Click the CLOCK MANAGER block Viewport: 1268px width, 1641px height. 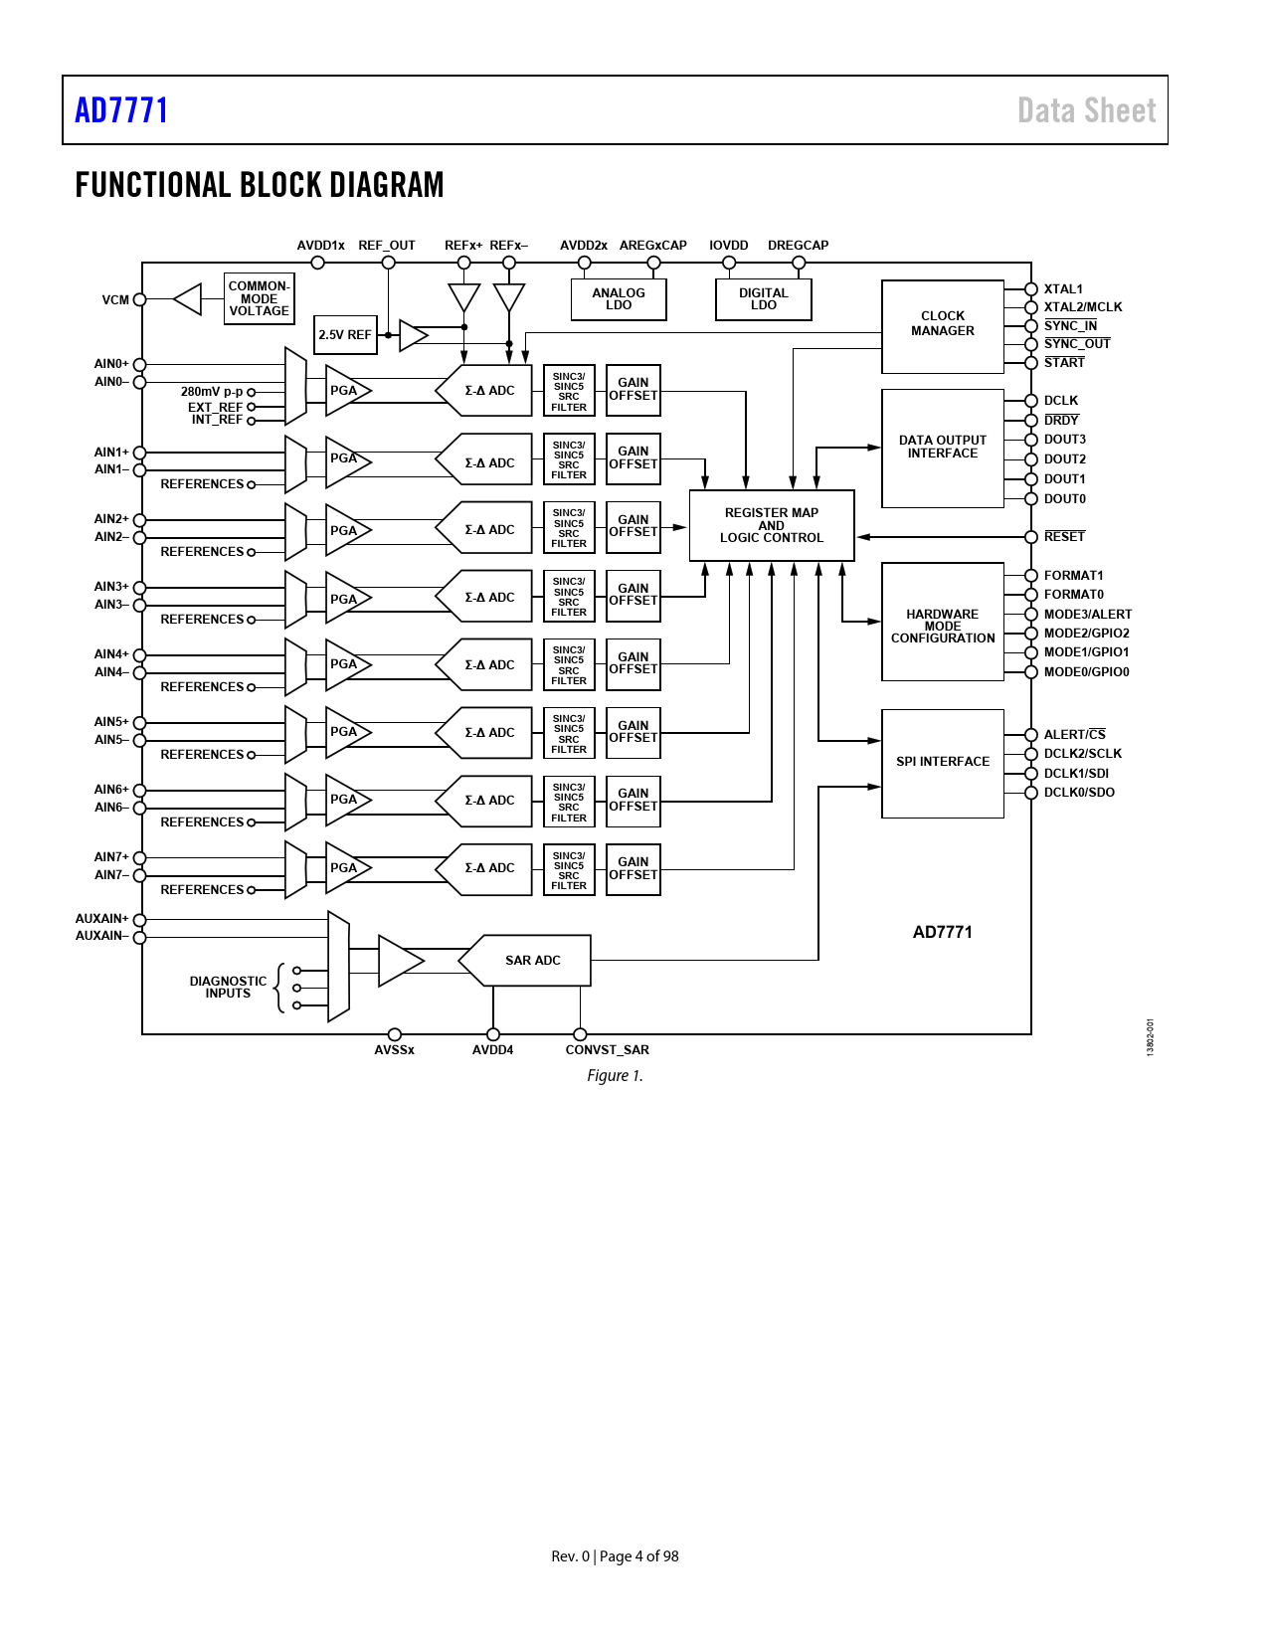pos(942,325)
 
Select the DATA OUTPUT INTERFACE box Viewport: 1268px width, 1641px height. pos(942,448)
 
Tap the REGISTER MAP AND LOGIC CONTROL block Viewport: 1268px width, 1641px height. pos(772,525)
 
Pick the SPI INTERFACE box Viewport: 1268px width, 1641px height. pos(942,763)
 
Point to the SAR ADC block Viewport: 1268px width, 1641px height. pos(532,961)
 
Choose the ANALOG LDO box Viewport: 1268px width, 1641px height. pos(619,299)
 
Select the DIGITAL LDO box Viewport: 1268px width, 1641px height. pos(763,299)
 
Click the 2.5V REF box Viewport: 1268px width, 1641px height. pos(344,335)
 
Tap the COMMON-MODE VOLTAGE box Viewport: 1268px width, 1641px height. pos(259,298)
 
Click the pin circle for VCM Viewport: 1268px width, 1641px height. pos(139,299)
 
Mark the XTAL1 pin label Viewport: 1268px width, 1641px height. pos(1063,289)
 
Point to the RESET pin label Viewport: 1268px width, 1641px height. pos(1064,537)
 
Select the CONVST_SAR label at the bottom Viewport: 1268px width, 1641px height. pos(607,1050)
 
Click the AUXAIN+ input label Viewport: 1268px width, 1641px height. pos(101,919)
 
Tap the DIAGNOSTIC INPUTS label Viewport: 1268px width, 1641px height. pos(228,987)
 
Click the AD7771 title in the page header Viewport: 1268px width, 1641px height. pos(121,110)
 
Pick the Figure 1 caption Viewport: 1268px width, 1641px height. pos(615,1076)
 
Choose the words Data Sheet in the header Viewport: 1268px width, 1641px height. pos(1086,110)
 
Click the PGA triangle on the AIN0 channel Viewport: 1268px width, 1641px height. pos(345,391)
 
